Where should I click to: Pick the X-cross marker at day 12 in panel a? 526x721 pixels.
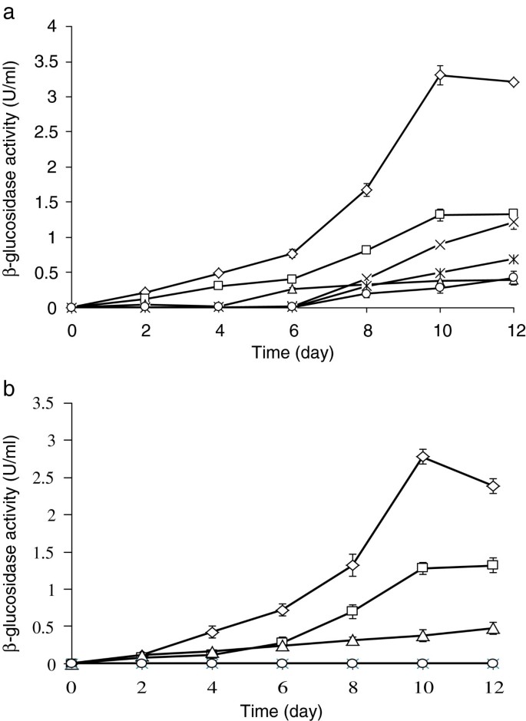[x=513, y=223]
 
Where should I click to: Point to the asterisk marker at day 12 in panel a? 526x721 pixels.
[x=513, y=260]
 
